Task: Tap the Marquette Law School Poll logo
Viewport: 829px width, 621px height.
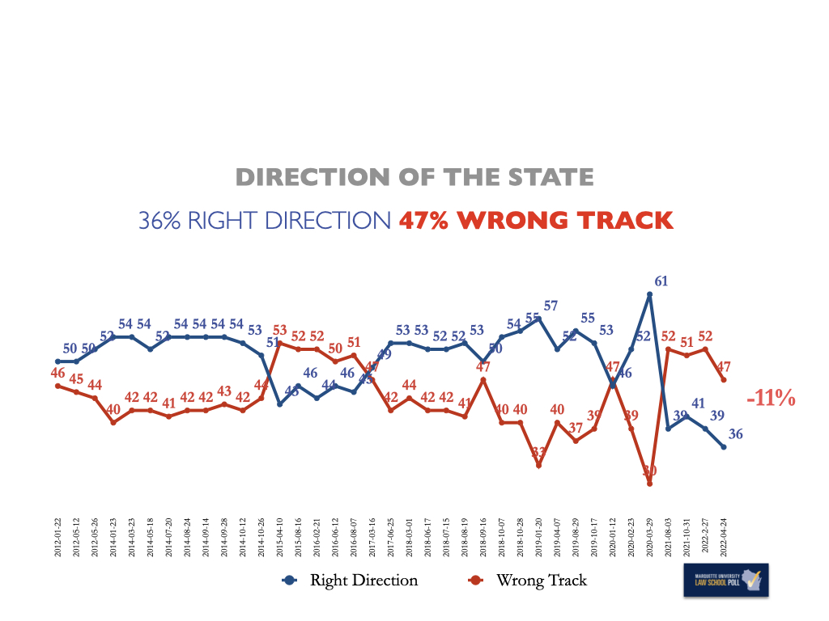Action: [x=725, y=580]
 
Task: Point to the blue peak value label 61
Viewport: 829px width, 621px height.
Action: [x=661, y=281]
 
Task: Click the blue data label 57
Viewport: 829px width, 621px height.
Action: [x=551, y=306]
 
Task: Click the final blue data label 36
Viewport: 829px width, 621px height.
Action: [x=736, y=434]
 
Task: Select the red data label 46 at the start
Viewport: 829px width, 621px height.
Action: [x=57, y=373]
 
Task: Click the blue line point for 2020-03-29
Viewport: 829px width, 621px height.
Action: [x=650, y=294]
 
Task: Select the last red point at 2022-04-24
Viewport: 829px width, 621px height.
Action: [x=724, y=380]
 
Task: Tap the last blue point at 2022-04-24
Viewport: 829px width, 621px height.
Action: [x=724, y=447]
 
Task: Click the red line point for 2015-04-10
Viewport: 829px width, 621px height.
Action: [x=279, y=344]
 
